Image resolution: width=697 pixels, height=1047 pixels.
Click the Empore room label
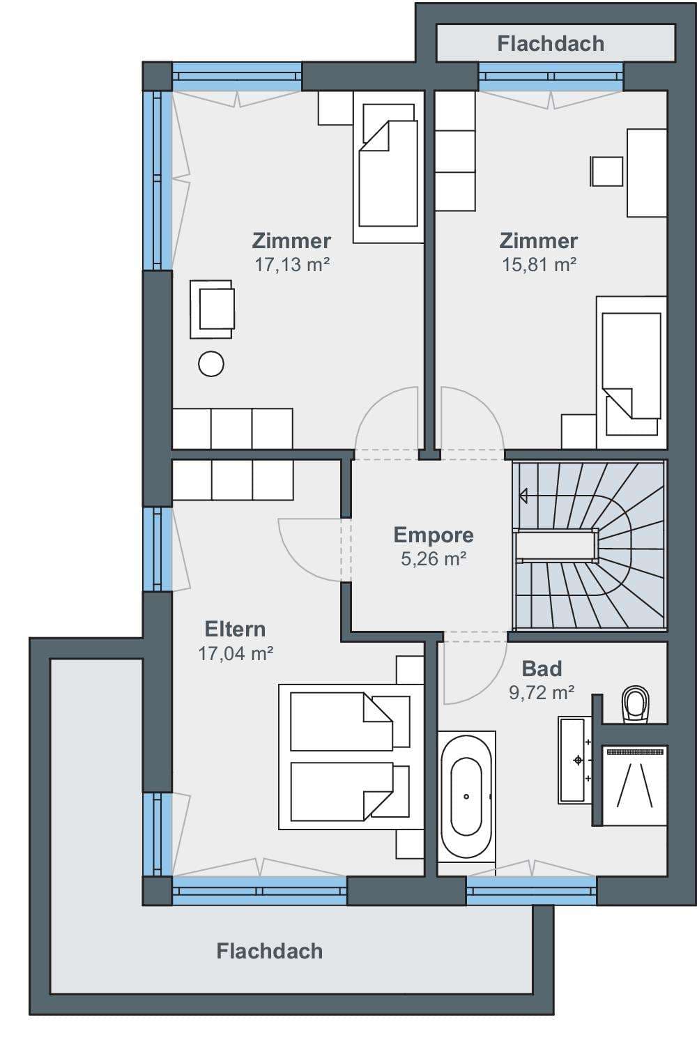434,535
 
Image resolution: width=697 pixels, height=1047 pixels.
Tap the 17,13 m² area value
292,265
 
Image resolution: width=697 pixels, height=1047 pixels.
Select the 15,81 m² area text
539,265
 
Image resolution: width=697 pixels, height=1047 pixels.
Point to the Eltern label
235,629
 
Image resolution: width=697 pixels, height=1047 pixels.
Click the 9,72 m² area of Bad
542,693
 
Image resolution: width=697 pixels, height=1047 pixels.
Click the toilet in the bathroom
636,704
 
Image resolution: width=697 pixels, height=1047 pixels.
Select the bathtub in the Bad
466,797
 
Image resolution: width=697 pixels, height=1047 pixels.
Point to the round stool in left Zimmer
210,364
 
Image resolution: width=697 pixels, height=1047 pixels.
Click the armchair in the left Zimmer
212,309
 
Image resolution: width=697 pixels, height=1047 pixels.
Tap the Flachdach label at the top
551,43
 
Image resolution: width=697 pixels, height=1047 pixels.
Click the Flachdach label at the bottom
269,952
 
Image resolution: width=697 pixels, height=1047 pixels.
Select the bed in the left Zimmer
388,167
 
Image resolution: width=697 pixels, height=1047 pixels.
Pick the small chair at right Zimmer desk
606,171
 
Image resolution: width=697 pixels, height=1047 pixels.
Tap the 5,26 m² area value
434,559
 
